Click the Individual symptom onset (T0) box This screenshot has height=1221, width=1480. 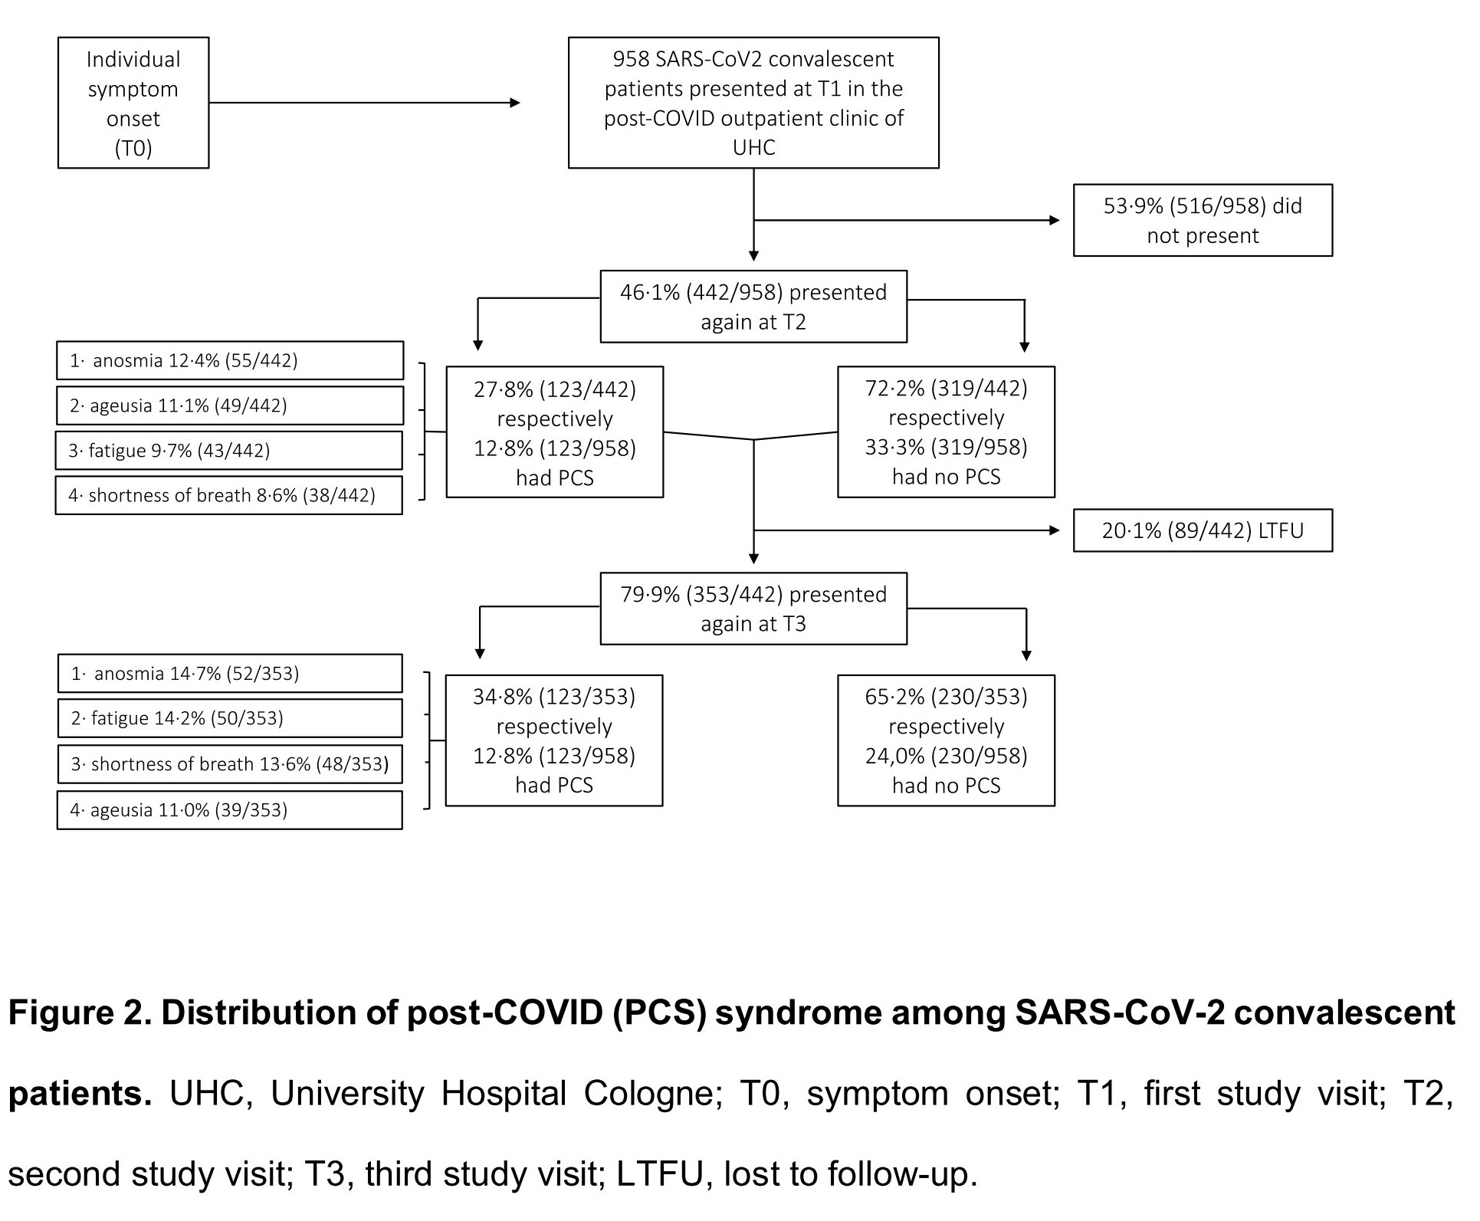[x=133, y=103]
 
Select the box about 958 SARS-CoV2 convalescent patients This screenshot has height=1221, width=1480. [x=753, y=103]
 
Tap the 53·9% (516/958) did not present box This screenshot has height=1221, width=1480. [x=1203, y=220]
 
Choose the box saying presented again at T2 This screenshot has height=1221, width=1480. [x=753, y=307]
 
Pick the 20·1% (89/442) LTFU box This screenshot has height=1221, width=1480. [x=1203, y=530]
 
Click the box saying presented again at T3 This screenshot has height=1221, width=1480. [x=753, y=609]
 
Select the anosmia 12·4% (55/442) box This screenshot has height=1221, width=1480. [x=230, y=360]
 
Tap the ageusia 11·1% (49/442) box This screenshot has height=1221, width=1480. [x=230, y=405]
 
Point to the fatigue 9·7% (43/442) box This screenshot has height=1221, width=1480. [x=229, y=450]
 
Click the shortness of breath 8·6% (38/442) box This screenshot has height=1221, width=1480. [x=229, y=495]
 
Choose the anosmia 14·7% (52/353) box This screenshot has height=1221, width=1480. [x=230, y=673]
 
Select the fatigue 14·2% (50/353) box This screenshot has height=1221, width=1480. [x=230, y=718]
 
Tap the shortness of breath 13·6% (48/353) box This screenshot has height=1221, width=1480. [x=230, y=764]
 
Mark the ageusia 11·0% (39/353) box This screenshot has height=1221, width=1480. [x=230, y=810]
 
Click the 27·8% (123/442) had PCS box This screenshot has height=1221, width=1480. [x=555, y=432]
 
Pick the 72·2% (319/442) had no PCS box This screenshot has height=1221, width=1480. [x=947, y=432]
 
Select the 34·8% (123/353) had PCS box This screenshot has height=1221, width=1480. [x=554, y=740]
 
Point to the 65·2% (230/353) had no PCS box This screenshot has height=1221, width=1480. [x=947, y=740]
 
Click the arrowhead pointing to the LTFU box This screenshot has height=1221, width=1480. [x=1055, y=530]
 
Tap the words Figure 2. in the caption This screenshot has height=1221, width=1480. [x=80, y=1013]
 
